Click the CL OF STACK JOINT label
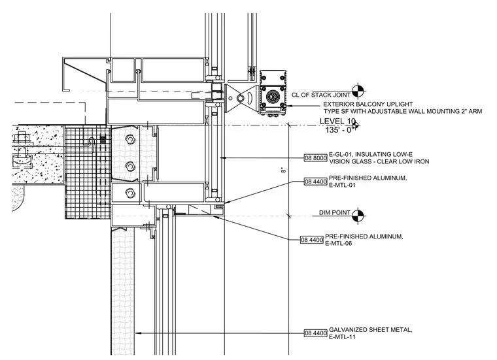click(321, 95)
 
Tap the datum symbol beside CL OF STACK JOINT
click(358, 91)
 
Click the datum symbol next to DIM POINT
click(358, 216)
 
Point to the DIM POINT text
click(334, 213)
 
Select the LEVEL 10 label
click(337, 121)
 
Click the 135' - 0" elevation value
click(339, 130)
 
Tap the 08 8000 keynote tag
click(315, 157)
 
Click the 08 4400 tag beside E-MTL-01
click(315, 182)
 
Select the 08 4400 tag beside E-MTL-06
click(312, 240)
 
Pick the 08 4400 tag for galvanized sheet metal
click(315, 333)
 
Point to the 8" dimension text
click(283, 171)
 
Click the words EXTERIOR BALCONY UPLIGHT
click(368, 104)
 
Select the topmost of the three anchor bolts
click(129, 139)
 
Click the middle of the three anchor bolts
click(129, 166)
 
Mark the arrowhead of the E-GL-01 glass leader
click(223, 157)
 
